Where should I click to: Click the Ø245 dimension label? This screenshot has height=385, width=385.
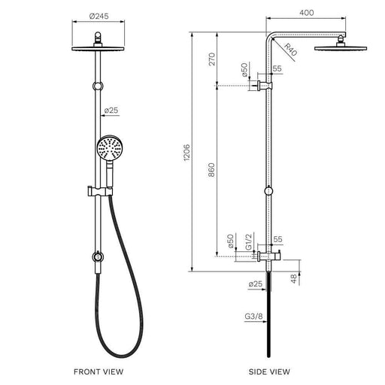click(x=99, y=17)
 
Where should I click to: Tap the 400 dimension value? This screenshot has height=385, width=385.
click(x=307, y=13)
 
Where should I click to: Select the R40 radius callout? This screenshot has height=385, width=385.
click(x=291, y=50)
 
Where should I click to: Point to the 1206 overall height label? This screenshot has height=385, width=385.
click(x=187, y=153)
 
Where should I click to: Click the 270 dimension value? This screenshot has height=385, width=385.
click(x=212, y=59)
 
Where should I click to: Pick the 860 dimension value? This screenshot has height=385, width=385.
click(x=211, y=170)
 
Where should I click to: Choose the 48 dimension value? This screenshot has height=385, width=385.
click(x=294, y=279)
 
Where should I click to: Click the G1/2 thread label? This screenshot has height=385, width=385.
click(x=248, y=242)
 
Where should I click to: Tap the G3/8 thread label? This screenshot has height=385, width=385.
click(x=253, y=317)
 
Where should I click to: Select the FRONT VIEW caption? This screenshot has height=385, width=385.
click(x=99, y=371)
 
